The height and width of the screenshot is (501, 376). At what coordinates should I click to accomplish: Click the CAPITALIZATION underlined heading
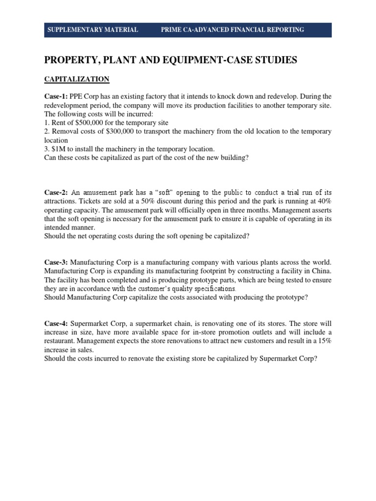[77, 79]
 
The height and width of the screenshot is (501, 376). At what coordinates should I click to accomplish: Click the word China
[320, 271]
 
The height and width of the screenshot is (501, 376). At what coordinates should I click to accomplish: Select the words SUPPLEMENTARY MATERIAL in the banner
[93, 30]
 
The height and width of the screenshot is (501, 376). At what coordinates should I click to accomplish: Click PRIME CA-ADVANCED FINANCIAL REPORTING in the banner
[233, 30]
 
